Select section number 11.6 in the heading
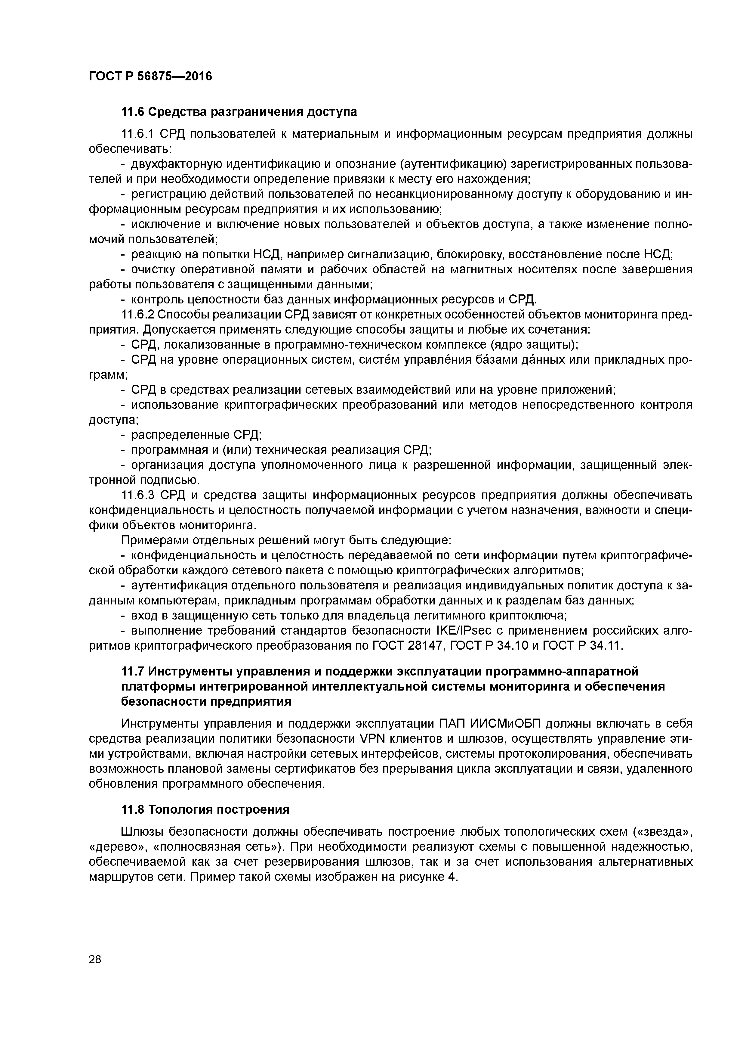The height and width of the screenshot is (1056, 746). coord(132,112)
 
